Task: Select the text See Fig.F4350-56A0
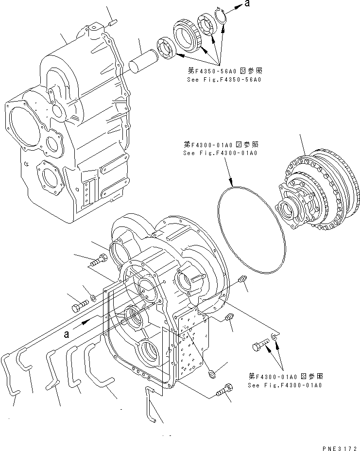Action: click(223, 79)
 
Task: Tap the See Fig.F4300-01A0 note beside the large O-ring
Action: click(221, 153)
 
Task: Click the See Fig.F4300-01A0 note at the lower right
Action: click(285, 385)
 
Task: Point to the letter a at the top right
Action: click(248, 4)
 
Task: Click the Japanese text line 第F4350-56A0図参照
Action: click(223, 70)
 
